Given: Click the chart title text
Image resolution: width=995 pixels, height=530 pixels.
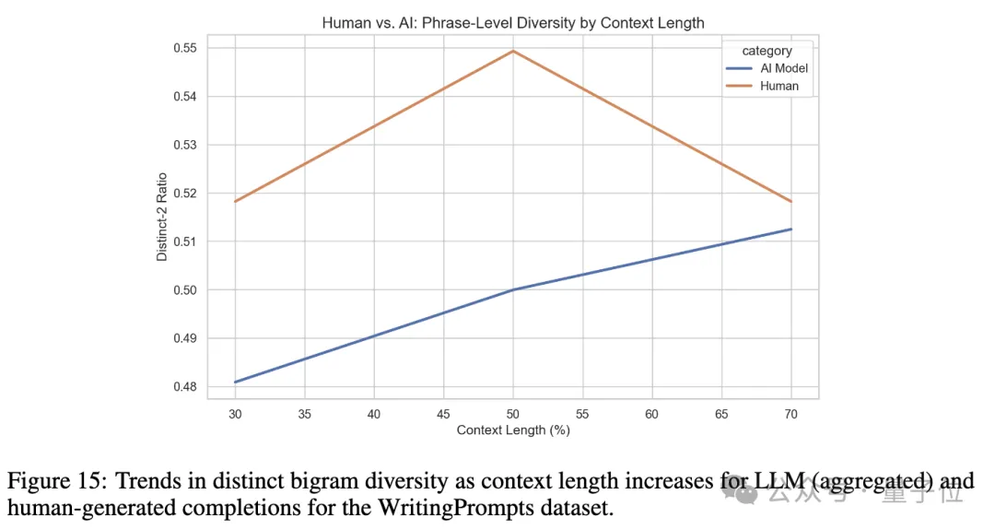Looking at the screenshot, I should point(512,22).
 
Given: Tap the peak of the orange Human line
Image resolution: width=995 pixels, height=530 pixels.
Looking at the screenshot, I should point(513,51).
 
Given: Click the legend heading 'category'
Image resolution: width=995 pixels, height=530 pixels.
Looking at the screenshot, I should point(766,52).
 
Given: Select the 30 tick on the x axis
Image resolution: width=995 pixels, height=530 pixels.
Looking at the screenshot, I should point(236,414).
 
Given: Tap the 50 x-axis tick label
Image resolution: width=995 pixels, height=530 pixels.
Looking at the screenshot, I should point(513,414).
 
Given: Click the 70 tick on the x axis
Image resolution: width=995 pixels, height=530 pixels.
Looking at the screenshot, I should point(790,414).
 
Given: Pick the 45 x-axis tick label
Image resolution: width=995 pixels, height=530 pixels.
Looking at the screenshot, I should point(444,414).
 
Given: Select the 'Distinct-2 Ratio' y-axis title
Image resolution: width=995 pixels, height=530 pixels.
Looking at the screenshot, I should point(162,218).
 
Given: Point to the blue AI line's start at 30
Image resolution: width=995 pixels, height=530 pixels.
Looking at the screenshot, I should point(236,382).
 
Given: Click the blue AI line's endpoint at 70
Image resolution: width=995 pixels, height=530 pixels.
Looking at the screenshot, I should point(790,229).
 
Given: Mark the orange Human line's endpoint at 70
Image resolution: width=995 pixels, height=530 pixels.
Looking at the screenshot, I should point(790,201).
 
